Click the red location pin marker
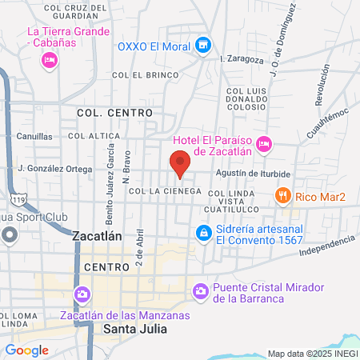(180, 162)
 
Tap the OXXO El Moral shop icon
(204, 46)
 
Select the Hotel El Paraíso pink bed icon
(265, 145)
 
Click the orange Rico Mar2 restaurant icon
(282, 194)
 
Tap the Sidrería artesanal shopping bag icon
(204, 233)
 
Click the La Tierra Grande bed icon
(50, 59)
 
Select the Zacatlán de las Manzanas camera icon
(82, 296)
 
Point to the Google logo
(26, 350)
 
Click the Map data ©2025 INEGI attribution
(312, 353)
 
